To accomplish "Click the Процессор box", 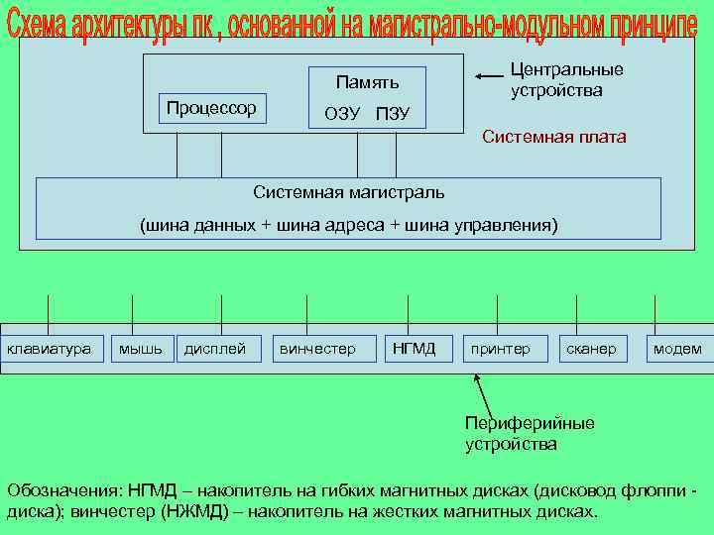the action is coord(211,107).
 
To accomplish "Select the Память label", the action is coord(367,82).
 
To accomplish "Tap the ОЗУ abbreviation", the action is coord(342,114).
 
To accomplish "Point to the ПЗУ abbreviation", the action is coord(393,114).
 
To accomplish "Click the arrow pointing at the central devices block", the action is coord(488,76).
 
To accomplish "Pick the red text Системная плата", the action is coord(553,137).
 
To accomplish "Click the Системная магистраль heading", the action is coord(348,191).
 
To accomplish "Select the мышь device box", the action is coord(140,349).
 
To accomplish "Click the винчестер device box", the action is coord(317,349).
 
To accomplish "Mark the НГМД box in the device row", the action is coord(415,349).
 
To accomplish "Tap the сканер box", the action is coord(591,349).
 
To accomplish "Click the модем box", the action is coord(677,349).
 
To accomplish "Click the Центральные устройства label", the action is coord(565,79).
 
